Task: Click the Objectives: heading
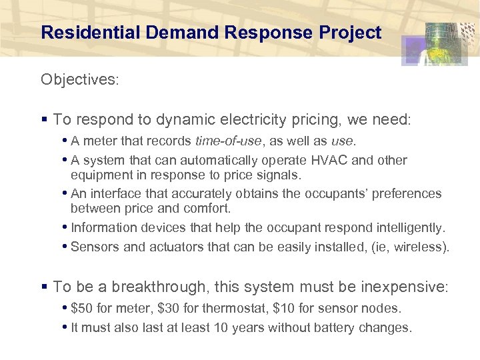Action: click(x=79, y=80)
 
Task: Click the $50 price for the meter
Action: click(x=81, y=309)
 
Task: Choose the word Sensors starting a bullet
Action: click(x=95, y=247)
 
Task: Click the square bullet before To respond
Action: click(x=44, y=120)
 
